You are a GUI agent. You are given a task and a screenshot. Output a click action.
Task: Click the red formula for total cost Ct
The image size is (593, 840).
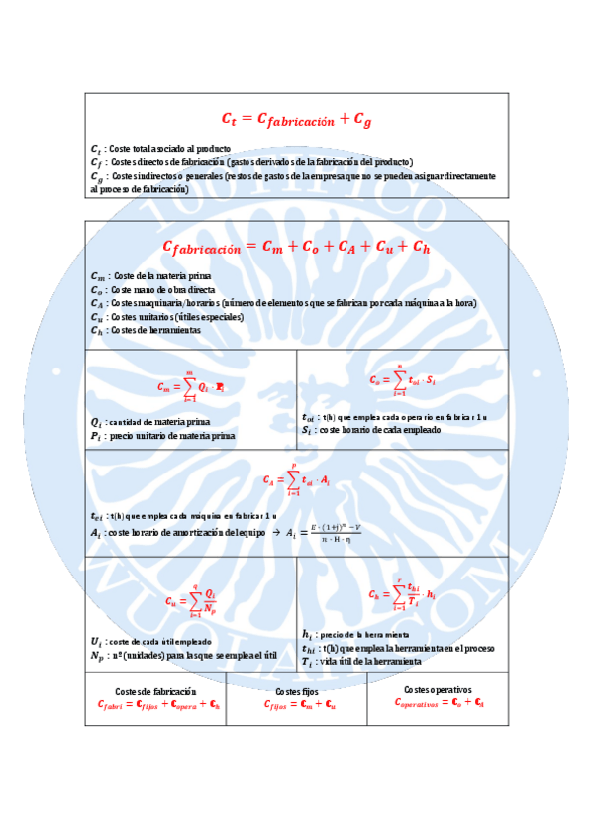tap(296, 120)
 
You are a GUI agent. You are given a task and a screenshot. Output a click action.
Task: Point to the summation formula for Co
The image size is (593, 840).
tap(403, 379)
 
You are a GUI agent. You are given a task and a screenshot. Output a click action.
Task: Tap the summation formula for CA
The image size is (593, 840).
tap(296, 478)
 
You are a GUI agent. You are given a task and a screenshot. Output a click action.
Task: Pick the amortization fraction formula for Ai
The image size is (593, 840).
tap(324, 533)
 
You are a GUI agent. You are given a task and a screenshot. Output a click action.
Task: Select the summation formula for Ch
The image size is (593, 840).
tap(403, 594)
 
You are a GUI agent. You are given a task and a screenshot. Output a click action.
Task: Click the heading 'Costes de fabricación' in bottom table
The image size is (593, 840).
tap(155, 691)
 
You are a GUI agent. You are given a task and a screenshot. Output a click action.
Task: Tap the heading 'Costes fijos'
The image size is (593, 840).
tap(296, 691)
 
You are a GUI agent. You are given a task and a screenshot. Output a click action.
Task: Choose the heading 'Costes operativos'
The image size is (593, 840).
tap(438, 689)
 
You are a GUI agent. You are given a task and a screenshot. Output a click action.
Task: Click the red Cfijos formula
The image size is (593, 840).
tap(296, 705)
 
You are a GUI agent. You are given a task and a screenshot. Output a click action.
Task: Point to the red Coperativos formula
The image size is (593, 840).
tap(438, 702)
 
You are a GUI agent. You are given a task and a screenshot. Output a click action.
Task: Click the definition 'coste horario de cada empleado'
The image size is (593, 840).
tap(382, 430)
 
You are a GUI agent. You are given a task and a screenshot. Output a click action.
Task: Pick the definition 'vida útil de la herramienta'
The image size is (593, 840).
tap(368, 661)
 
